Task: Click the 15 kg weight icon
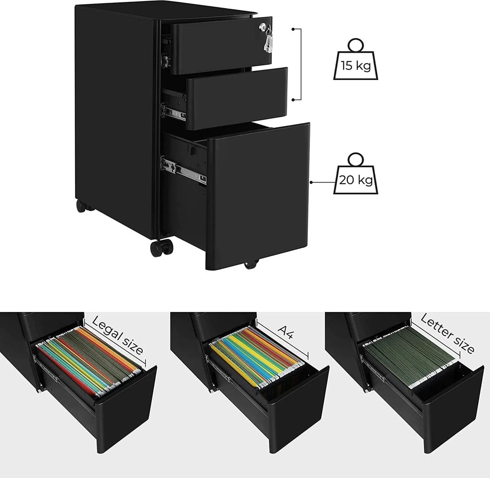[355, 59]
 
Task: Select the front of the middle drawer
[236, 98]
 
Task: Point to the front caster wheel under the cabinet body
[161, 247]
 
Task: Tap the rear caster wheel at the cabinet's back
[82, 206]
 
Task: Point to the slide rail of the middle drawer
[173, 112]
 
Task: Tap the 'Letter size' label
[447, 333]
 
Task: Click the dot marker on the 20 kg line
[311, 182]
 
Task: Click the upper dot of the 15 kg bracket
[293, 29]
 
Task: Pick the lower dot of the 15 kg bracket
[293, 100]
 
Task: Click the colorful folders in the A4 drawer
[256, 357]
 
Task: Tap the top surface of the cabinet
[166, 12]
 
